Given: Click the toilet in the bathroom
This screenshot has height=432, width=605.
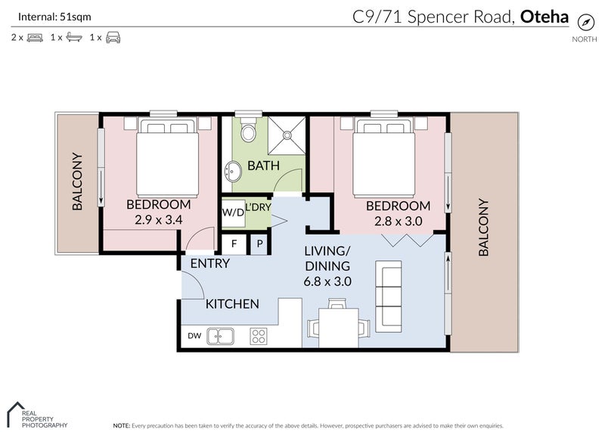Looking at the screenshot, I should (246, 132).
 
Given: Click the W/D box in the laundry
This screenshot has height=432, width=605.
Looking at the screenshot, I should (232, 213).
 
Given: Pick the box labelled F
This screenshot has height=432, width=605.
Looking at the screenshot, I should (234, 244).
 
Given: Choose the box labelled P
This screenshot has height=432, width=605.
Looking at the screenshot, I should (259, 244).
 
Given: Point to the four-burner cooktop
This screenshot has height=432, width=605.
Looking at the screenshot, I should (259, 335).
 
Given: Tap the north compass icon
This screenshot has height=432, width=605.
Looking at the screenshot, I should (585, 22).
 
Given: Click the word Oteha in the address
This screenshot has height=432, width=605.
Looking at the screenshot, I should (544, 16).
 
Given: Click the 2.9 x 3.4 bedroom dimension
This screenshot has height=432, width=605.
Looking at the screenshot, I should (158, 220).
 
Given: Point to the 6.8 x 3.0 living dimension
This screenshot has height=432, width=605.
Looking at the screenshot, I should (327, 281).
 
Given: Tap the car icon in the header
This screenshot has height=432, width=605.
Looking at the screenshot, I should (113, 37).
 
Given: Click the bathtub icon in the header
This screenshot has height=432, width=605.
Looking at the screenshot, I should (73, 37).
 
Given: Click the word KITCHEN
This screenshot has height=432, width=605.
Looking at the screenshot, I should (233, 304).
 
